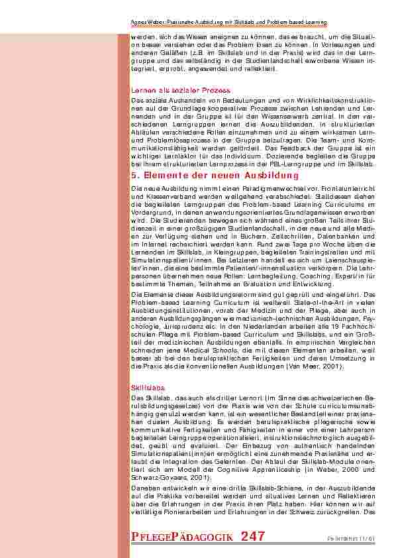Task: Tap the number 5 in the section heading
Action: [135, 176]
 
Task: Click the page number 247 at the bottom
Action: [253, 536]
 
